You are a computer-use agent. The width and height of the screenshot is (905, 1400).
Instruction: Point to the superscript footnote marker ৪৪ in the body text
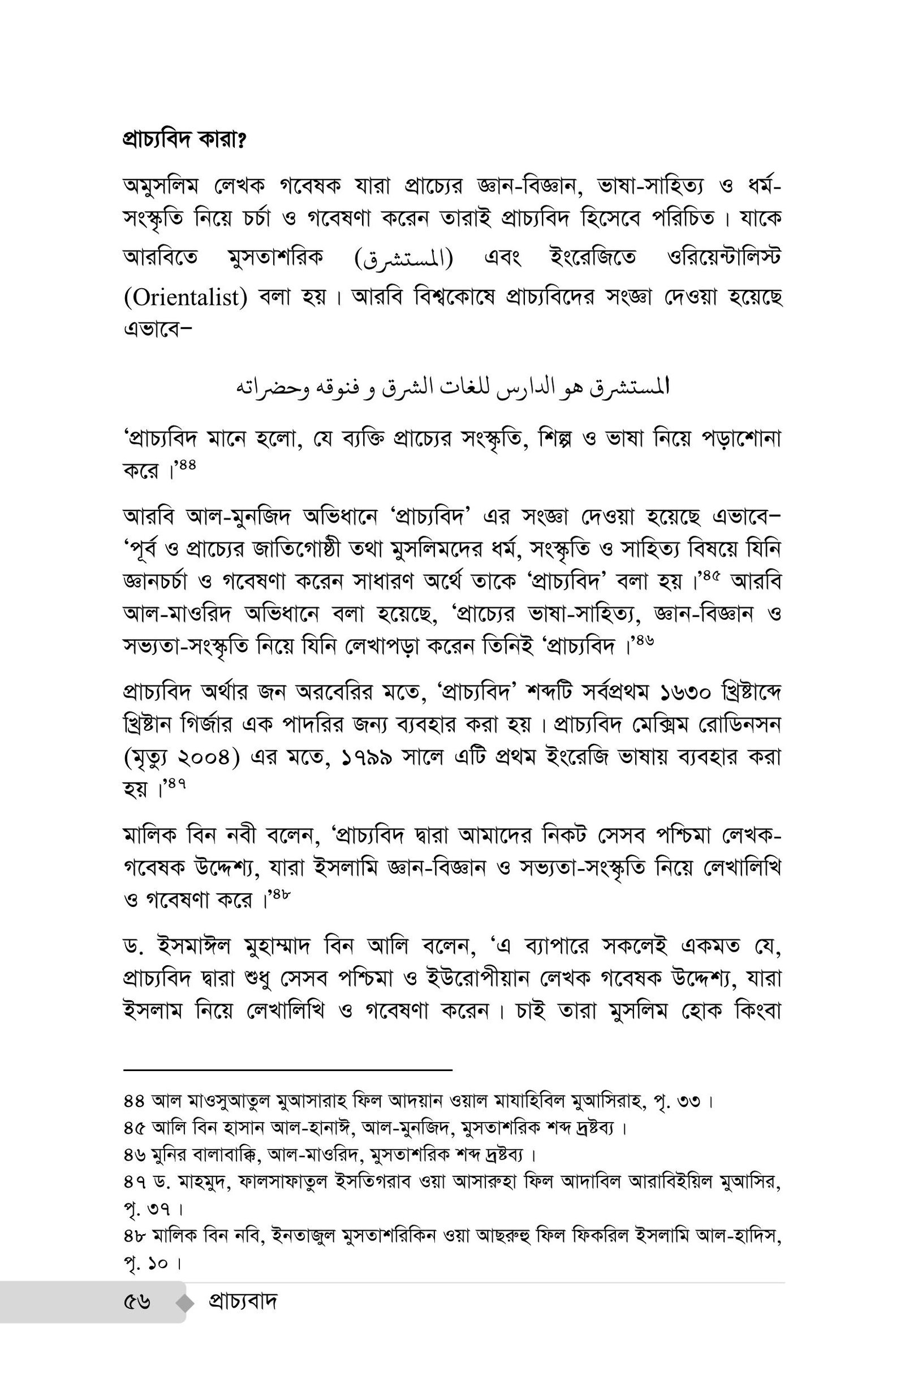(187, 465)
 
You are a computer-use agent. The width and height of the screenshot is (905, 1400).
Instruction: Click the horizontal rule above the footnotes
(288, 1070)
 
